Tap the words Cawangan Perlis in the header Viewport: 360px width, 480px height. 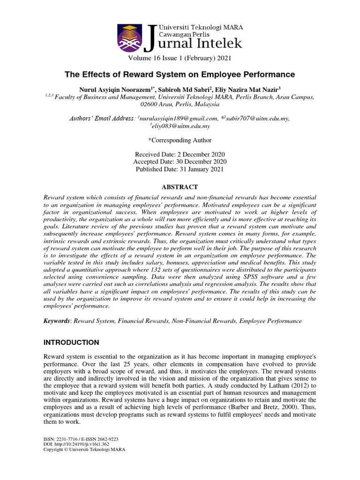click(x=185, y=34)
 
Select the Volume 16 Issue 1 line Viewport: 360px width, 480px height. click(x=180, y=58)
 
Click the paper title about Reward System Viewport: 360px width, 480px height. click(x=180, y=75)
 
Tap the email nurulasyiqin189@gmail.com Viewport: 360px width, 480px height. click(x=179, y=119)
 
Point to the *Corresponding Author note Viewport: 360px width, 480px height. click(x=180, y=140)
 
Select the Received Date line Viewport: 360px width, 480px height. click(x=180, y=155)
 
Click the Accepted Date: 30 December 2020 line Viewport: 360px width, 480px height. click(x=180, y=162)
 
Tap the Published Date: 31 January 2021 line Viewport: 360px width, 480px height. click(x=180, y=169)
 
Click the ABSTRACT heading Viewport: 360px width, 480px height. click(x=180, y=187)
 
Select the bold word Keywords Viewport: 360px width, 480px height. click(x=56, y=321)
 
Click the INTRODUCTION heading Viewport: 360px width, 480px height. click(x=71, y=342)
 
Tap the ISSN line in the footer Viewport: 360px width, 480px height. click(x=81, y=439)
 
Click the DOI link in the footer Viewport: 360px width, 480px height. click(x=77, y=444)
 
